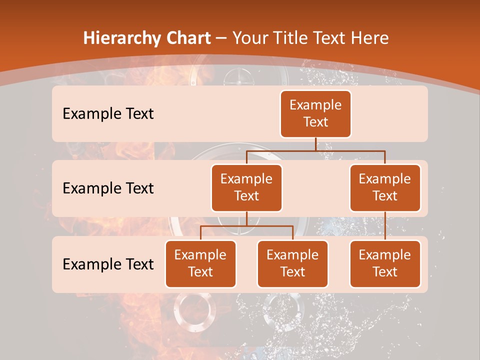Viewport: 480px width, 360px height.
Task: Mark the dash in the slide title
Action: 221,38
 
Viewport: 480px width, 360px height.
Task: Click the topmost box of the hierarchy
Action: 315,113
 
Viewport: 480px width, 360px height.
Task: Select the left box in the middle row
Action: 246,187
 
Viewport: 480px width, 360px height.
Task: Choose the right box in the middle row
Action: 385,187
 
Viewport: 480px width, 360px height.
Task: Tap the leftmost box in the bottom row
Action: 200,263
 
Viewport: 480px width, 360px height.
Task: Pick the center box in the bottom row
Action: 292,263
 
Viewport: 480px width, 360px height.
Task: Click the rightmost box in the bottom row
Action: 385,263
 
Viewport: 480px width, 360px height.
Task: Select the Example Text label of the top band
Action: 108,114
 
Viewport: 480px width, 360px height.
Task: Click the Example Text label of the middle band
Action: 108,188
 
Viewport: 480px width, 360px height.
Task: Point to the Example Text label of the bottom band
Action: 108,264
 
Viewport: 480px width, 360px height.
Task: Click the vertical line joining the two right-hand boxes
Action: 385,225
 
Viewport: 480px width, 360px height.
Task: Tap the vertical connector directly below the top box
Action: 315,144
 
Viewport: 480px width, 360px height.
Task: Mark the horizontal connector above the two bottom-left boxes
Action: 246,226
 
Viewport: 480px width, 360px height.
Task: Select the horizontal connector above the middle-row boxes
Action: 315,150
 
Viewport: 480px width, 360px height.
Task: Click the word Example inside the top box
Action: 315,105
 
